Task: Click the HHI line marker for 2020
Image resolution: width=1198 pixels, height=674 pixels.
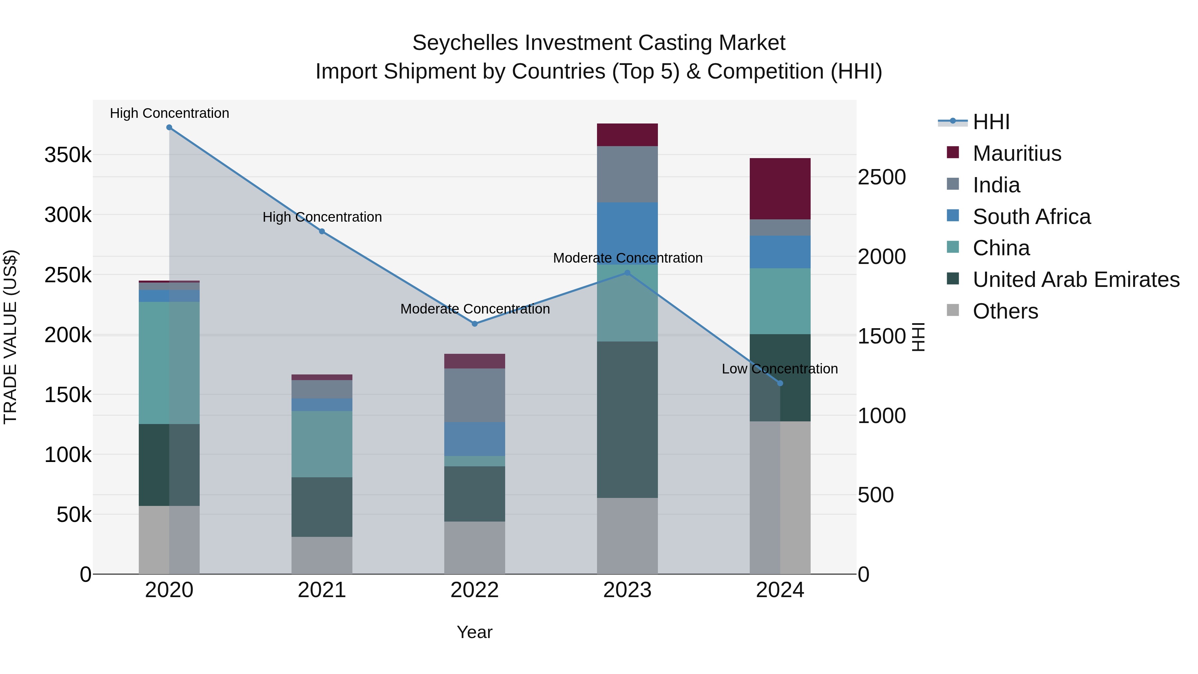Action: (x=169, y=127)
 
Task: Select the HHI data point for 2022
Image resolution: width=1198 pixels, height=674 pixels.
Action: (x=475, y=324)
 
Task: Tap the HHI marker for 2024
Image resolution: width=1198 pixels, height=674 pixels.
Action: (x=780, y=383)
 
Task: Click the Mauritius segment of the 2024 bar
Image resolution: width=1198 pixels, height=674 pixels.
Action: (x=780, y=189)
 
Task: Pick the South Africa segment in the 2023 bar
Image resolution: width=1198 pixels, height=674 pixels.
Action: (x=627, y=233)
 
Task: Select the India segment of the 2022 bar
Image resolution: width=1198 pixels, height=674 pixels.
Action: (x=475, y=395)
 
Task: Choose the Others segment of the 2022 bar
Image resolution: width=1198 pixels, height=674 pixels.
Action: (x=475, y=548)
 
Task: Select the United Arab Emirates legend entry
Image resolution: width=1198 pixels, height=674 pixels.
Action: (x=1076, y=280)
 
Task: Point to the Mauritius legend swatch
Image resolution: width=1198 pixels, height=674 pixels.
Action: (x=953, y=152)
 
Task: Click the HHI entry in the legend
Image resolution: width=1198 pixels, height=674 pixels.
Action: (x=991, y=122)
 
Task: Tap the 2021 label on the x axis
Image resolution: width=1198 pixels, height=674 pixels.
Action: (x=322, y=590)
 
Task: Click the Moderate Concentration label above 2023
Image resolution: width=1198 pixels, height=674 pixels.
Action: (x=627, y=258)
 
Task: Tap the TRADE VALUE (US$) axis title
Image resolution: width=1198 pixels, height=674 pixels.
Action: (x=10, y=337)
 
